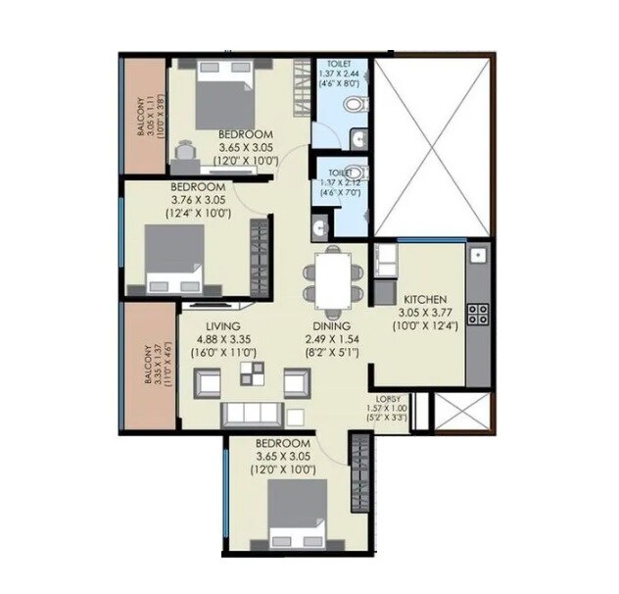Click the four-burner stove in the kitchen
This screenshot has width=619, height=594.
479,314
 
